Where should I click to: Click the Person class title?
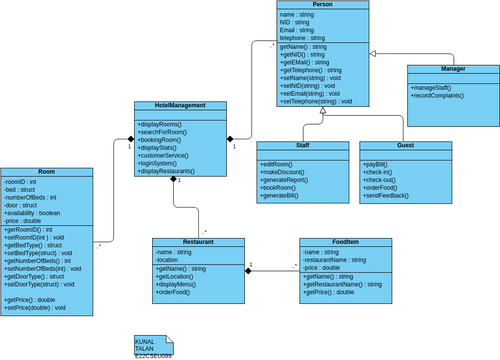coord(322,5)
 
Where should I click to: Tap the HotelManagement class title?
coord(176,106)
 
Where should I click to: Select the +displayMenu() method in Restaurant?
coord(181,284)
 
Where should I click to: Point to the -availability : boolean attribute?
coord(33,212)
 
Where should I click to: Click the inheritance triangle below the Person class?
coord(322,112)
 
